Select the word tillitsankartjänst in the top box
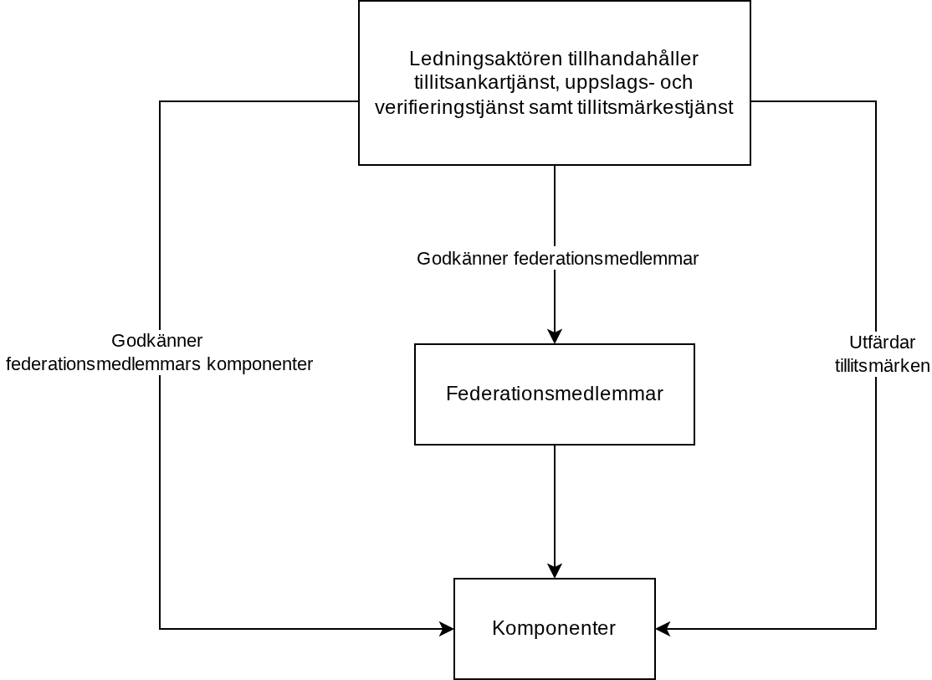coord(487,82)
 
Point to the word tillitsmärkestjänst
coord(655,107)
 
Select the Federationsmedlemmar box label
coord(555,394)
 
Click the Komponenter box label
coord(554,628)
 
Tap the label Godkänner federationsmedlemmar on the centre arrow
coord(557,259)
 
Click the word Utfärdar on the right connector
coord(882,343)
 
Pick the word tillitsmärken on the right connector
coord(882,366)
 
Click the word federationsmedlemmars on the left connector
coord(104,364)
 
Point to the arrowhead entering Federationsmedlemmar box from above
coord(555,337)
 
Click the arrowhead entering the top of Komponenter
coord(555,571)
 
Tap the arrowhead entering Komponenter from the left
coord(447,629)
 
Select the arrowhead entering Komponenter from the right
coord(663,629)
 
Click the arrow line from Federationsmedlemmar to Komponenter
coord(555,512)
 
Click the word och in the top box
coord(677,82)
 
